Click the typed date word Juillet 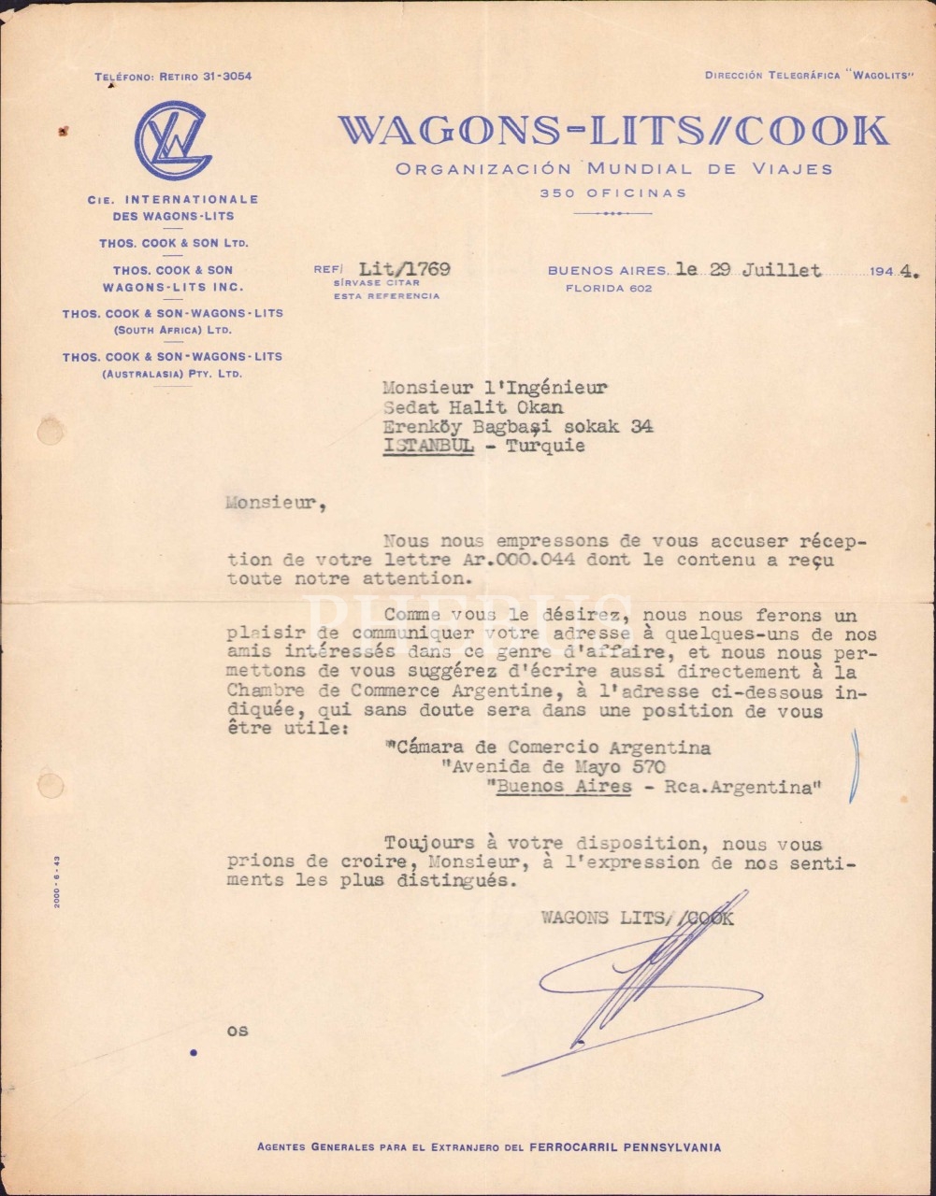click(782, 271)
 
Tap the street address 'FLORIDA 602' click(609, 289)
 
